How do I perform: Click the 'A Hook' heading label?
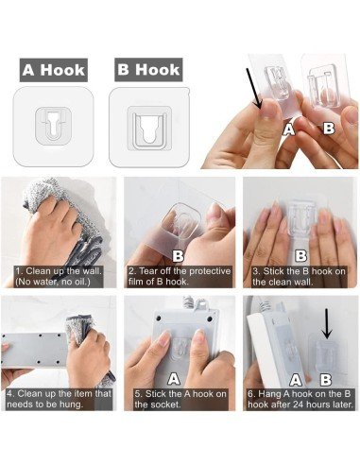coord(54,69)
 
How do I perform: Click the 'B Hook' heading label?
coord(146,69)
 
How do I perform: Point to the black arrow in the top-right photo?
coord(257,92)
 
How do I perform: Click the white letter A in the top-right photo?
coord(289,129)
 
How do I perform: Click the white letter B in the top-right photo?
coord(328,127)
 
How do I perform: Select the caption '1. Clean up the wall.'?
coord(59,273)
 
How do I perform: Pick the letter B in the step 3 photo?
coord(300,255)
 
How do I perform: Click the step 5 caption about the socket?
coord(180,398)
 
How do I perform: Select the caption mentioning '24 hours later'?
coord(298,398)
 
